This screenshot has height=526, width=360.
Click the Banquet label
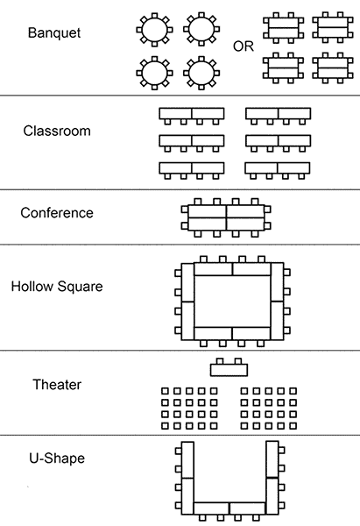[x=54, y=33]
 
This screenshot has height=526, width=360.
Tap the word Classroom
[x=57, y=131]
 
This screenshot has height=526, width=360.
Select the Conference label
[x=57, y=213]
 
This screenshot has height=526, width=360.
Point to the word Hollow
[x=32, y=287]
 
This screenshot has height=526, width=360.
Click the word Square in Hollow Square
[x=80, y=288]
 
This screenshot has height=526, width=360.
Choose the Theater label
[x=57, y=385]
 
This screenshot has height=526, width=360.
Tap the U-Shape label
[x=57, y=458]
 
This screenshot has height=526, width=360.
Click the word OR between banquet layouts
[x=244, y=46]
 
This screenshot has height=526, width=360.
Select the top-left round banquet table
[x=154, y=30]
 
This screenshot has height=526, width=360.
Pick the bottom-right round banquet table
[x=201, y=73]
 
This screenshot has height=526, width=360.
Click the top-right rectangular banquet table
[x=333, y=27]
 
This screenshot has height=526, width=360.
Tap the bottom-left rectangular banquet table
[x=283, y=68]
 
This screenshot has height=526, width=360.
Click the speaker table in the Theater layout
[x=229, y=370]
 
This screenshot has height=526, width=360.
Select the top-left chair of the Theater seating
[x=165, y=391]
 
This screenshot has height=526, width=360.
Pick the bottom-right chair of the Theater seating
[x=293, y=426]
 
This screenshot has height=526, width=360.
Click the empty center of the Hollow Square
[x=232, y=301]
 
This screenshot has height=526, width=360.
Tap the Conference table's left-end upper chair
[x=185, y=210]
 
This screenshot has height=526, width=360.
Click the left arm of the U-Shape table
[x=187, y=478]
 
